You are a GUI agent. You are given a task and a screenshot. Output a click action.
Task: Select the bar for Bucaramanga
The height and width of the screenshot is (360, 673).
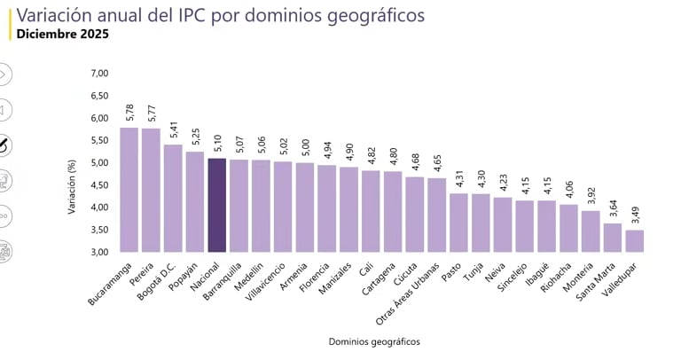129,190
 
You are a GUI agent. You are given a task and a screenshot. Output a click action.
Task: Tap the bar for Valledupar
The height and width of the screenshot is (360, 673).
635,241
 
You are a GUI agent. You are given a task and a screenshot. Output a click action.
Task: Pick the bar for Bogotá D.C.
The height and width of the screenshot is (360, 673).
173,198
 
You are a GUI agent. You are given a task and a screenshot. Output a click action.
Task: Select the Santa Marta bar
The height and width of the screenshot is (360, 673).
613,238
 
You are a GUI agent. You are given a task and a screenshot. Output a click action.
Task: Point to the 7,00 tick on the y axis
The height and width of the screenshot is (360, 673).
98,74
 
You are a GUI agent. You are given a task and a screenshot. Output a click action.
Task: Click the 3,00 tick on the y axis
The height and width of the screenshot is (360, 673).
98,252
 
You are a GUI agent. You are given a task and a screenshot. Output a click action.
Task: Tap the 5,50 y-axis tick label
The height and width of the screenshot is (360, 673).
98,140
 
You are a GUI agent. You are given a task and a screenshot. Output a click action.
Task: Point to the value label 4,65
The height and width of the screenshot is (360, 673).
437,163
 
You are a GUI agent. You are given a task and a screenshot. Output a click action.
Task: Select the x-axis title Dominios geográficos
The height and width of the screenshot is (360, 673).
373,341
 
